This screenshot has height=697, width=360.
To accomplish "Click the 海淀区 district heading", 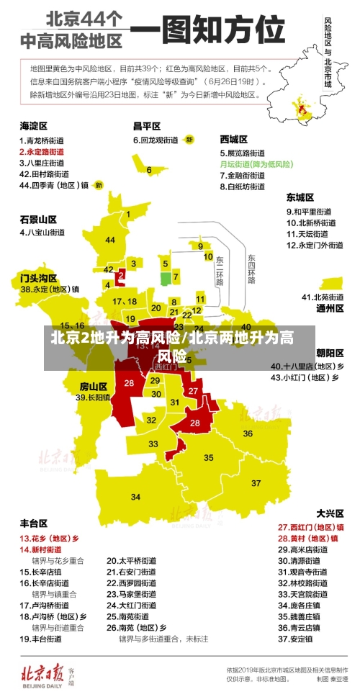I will [x=33, y=125].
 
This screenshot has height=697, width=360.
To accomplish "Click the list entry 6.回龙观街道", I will [x=155, y=139].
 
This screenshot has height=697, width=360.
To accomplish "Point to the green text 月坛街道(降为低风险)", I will [x=256, y=164].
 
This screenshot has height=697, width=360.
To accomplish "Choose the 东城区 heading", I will [x=300, y=197].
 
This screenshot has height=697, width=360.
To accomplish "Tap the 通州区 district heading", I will [x=330, y=307].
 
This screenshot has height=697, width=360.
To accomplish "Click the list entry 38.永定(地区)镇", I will [x=50, y=289].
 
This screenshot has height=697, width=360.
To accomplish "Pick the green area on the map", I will [x=166, y=278].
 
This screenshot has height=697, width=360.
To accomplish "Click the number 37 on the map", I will [x=256, y=482].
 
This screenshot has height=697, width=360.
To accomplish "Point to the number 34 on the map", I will [x=136, y=497].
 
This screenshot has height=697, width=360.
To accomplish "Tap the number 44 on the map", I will [x=110, y=240].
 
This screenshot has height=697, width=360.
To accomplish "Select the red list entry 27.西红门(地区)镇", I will [x=310, y=527].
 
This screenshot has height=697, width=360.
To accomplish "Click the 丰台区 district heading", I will [x=33, y=523].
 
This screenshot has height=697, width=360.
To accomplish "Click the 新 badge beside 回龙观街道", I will [x=189, y=139].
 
